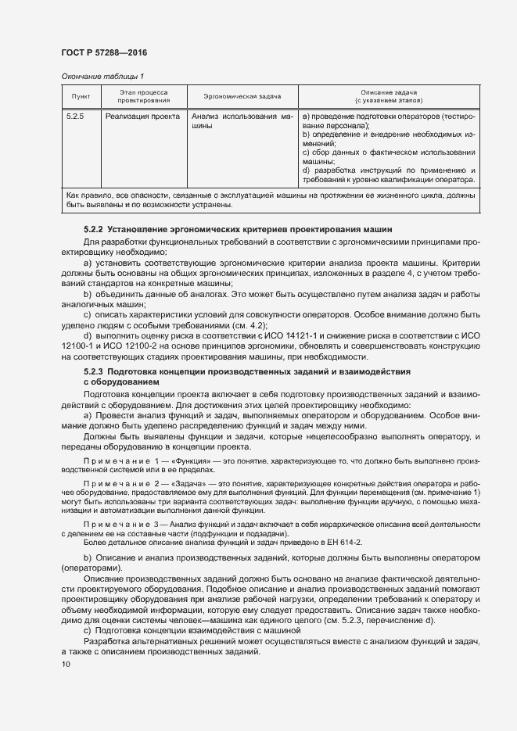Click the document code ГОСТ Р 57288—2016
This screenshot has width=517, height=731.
point(103,52)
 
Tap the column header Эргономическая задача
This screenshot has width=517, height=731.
point(242,96)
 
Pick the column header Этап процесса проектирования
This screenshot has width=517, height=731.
point(144,96)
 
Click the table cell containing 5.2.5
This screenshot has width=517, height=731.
point(77,116)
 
